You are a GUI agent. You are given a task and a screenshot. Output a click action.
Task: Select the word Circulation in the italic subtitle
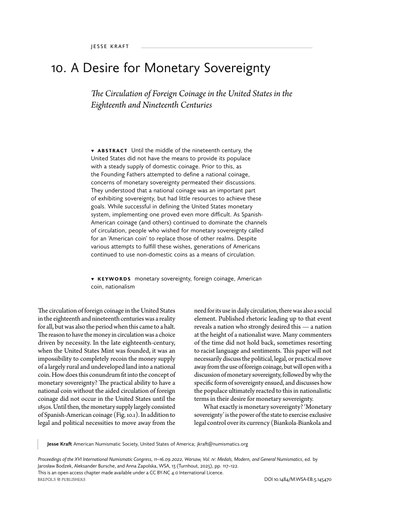point(130,94)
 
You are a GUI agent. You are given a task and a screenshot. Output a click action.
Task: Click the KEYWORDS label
point(114,279)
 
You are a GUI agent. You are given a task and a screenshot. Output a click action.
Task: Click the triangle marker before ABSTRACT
point(93,150)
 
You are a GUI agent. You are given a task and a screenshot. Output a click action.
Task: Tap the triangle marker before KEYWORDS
point(93,279)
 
